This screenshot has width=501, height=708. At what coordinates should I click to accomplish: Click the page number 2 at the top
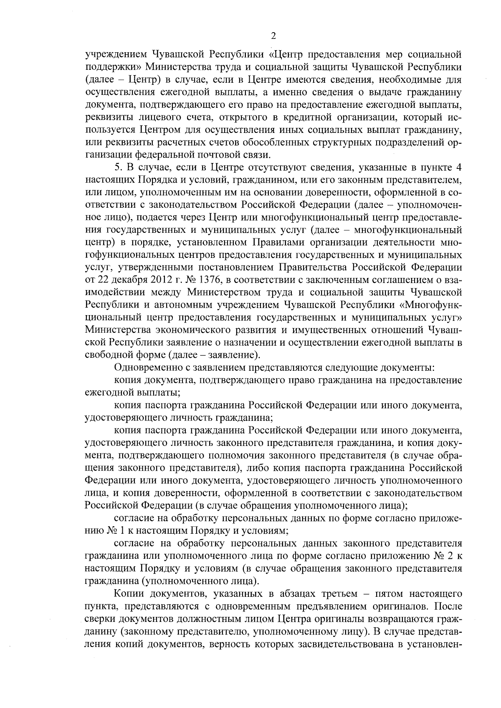point(273,36)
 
